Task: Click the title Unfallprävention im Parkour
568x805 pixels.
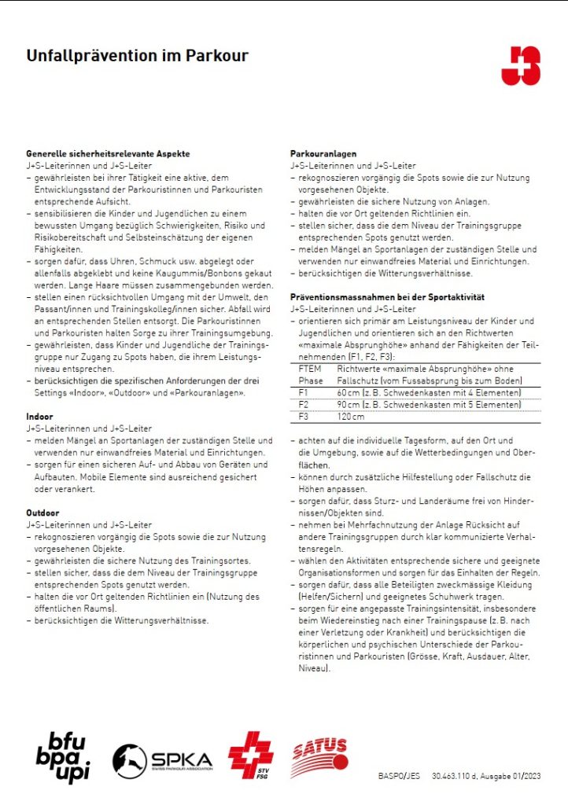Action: (137, 56)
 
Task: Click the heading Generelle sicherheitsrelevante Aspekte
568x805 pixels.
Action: (108, 154)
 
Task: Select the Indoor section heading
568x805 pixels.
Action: (41, 417)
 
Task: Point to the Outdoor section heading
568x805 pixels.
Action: (43, 513)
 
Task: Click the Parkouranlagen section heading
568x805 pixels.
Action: (323, 154)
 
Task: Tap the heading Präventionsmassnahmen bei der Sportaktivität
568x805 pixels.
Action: (387, 298)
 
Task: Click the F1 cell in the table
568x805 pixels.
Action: (304, 391)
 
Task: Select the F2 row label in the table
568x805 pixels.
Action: (304, 404)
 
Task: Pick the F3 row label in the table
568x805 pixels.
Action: (304, 417)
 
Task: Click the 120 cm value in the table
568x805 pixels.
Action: (350, 417)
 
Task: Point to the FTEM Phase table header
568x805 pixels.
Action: (310, 373)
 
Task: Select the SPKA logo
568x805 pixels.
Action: (162, 759)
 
